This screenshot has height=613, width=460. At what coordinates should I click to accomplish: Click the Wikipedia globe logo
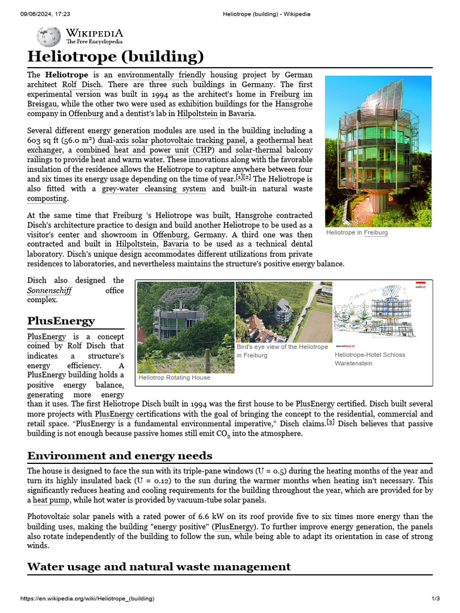[49, 37]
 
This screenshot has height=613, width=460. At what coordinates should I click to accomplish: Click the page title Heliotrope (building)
[116, 57]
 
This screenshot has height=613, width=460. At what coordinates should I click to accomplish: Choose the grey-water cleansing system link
[153, 189]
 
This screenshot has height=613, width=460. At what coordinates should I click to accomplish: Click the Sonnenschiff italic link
[49, 290]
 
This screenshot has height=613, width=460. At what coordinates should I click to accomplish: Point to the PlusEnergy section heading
[61, 321]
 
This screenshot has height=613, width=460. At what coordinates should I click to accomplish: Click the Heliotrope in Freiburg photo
[377, 151]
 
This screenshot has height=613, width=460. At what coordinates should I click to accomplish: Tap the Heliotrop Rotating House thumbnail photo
[185, 327]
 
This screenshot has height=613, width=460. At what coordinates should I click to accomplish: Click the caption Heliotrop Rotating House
[174, 378]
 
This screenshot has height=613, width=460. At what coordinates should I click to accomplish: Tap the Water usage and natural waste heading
[159, 566]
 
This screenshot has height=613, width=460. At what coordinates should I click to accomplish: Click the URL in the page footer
[87, 599]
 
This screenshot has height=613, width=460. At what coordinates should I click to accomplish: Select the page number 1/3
[435, 599]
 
